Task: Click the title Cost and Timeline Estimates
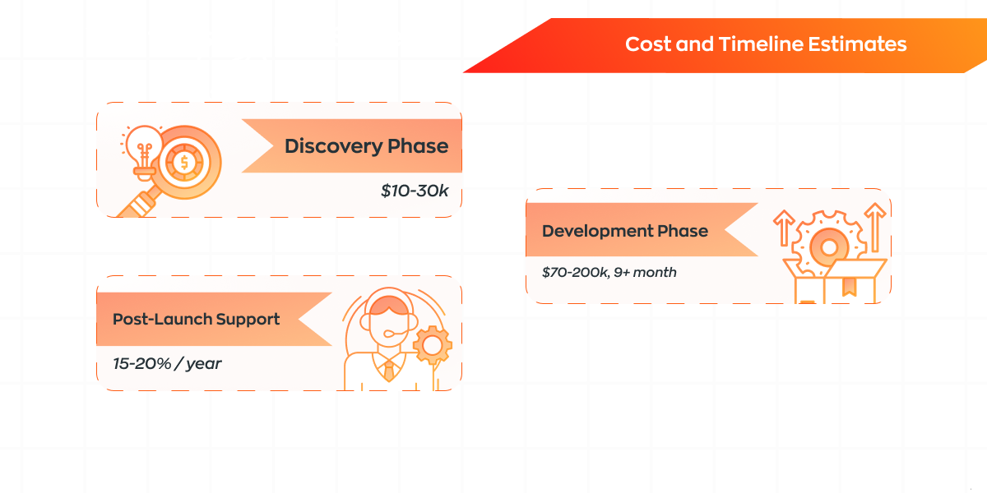(x=766, y=44)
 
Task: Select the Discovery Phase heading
(x=367, y=146)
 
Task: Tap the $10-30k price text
(x=415, y=191)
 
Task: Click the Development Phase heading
(x=625, y=231)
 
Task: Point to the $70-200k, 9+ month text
(x=609, y=272)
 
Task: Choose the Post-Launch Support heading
(x=196, y=319)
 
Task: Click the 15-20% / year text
(x=167, y=363)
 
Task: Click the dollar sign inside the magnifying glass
(x=184, y=163)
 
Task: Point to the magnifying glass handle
(x=137, y=203)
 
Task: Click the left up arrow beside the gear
(x=784, y=228)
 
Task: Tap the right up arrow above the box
(x=875, y=227)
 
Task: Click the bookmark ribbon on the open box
(x=849, y=287)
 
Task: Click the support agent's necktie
(x=389, y=371)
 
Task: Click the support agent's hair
(x=388, y=305)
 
